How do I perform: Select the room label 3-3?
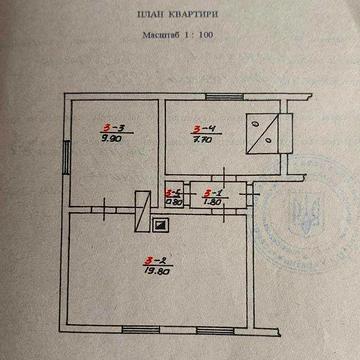113,128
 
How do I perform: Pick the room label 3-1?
211,193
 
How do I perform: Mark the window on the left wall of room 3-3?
67,156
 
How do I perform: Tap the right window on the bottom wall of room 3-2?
209,328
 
